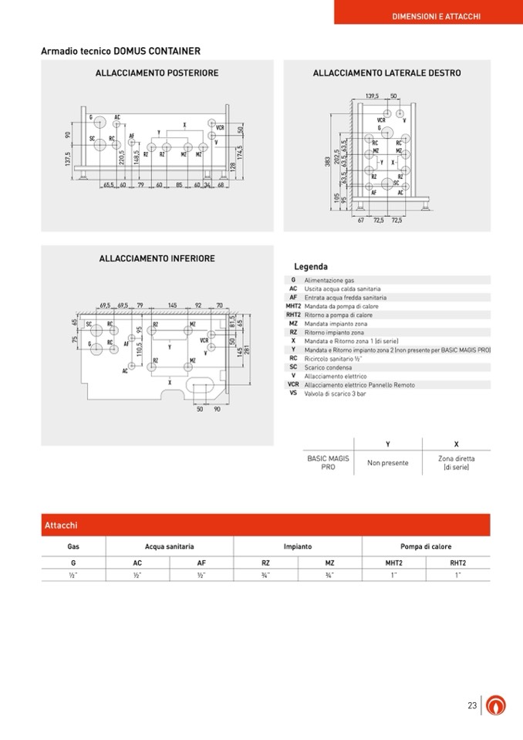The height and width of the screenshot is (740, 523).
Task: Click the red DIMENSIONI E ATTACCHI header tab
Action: click(x=436, y=15)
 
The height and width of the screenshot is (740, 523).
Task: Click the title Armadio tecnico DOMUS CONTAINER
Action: click(x=120, y=52)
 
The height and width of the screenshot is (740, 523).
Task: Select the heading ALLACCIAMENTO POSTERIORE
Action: click(x=157, y=73)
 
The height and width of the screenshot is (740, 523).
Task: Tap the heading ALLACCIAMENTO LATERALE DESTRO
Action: click(x=386, y=73)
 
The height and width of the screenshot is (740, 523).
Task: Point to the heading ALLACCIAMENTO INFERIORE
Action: click(x=157, y=258)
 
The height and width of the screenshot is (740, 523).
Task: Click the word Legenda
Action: click(x=311, y=267)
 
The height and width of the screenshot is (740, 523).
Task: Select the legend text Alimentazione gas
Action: click(x=329, y=281)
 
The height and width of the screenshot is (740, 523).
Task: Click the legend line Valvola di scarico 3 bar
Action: click(x=335, y=394)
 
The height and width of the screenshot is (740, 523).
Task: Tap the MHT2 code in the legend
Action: click(x=293, y=306)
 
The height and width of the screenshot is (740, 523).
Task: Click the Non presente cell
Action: click(x=388, y=463)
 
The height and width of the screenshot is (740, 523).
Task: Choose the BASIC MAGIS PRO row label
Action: click(x=328, y=463)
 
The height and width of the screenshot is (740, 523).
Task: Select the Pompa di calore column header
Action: click(x=426, y=546)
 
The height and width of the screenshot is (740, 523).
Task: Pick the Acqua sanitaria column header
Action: click(x=169, y=546)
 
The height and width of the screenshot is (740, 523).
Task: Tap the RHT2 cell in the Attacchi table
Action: click(x=458, y=563)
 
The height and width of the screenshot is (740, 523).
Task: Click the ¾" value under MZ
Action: click(x=329, y=575)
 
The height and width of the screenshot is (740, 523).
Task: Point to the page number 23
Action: click(x=472, y=705)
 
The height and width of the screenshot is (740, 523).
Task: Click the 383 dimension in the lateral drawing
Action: click(x=328, y=161)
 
